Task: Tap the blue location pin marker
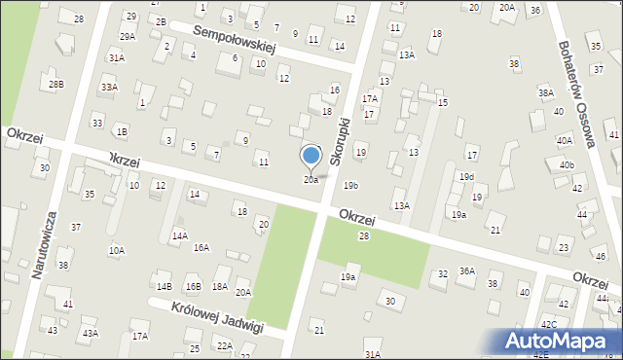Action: tap(311, 157)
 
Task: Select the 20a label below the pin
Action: tap(311, 180)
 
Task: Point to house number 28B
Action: tap(56, 85)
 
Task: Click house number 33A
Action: tap(109, 88)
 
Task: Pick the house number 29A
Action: tap(128, 36)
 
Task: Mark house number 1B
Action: tap(121, 131)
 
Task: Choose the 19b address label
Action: tap(350, 185)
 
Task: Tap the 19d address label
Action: tap(467, 177)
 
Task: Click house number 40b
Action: tap(567, 165)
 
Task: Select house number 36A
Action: tap(467, 271)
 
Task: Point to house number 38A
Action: tap(545, 93)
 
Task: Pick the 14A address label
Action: tap(179, 235)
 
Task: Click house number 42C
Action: tap(549, 324)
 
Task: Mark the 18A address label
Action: tap(220, 286)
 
